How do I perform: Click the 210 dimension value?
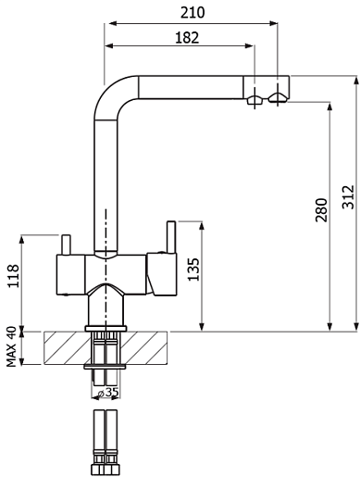(192, 13)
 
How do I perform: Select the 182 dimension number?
(187, 38)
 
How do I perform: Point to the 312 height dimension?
(348, 197)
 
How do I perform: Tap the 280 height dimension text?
(321, 210)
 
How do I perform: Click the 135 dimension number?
(193, 270)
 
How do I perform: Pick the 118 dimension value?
(13, 276)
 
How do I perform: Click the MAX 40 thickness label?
(11, 346)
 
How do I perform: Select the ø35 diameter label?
(107, 392)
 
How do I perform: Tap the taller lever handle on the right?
(170, 237)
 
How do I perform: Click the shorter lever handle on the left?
(66, 245)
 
